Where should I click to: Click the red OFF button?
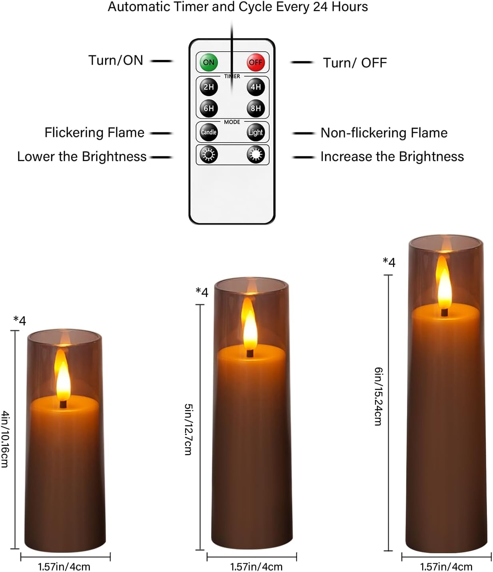pos(255,62)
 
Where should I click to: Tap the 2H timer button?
pos(209,87)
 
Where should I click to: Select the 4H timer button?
pos(255,87)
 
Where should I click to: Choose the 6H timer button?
pos(209,108)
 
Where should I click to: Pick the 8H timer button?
pos(255,108)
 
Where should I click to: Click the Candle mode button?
pos(209,132)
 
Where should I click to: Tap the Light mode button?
pos(255,132)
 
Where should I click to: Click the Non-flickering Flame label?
pos(384,133)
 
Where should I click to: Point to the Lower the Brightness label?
pos(82,157)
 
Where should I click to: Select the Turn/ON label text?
pos(116,60)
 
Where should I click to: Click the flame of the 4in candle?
pos(63,376)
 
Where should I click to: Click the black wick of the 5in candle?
pos(250,353)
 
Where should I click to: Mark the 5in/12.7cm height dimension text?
pos(188,429)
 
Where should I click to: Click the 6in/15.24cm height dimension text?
pos(378,397)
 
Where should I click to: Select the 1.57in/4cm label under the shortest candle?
pos(64,566)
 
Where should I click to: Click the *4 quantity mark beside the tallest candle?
pos(389,262)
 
